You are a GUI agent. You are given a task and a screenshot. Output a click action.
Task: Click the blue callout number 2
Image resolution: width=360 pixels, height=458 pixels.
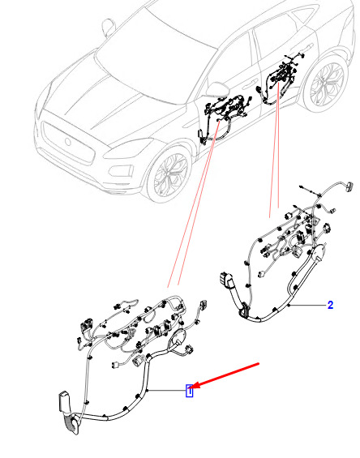(330, 306)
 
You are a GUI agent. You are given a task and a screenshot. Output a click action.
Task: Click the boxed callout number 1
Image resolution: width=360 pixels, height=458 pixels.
(190, 391)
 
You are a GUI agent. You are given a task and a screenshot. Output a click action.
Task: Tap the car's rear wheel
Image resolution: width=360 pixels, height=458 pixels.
(326, 83)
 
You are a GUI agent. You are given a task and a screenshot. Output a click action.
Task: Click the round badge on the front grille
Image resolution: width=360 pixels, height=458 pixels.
(68, 142)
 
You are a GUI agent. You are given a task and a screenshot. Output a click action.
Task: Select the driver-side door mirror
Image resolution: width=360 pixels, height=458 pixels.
(217, 89)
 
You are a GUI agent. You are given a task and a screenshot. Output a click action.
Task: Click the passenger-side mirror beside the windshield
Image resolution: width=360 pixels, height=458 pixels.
(108, 28)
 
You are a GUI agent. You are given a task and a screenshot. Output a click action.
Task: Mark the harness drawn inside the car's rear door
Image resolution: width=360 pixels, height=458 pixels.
(280, 79)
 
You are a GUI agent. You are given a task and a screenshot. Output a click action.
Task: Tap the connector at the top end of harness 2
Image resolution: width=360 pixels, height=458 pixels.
(349, 186)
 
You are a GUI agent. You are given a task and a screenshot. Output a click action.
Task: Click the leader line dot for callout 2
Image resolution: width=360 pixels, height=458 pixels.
(289, 306)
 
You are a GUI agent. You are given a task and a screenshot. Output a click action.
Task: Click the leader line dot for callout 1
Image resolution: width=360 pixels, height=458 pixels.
(148, 391)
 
